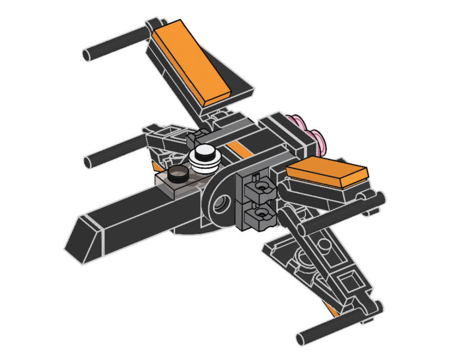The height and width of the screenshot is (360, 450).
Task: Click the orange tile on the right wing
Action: [327, 174]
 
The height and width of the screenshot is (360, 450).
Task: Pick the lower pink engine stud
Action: [318, 139]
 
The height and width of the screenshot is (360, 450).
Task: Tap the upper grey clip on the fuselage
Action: [259, 184]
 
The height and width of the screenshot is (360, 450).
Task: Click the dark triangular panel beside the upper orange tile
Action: [238, 88]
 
